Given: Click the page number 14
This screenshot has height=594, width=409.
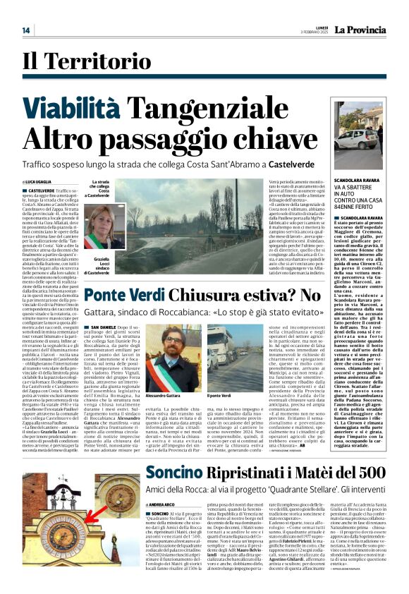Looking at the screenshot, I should pyautogui.click(x=26, y=30).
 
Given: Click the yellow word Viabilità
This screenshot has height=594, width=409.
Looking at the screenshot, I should pyautogui.click(x=90, y=109).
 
